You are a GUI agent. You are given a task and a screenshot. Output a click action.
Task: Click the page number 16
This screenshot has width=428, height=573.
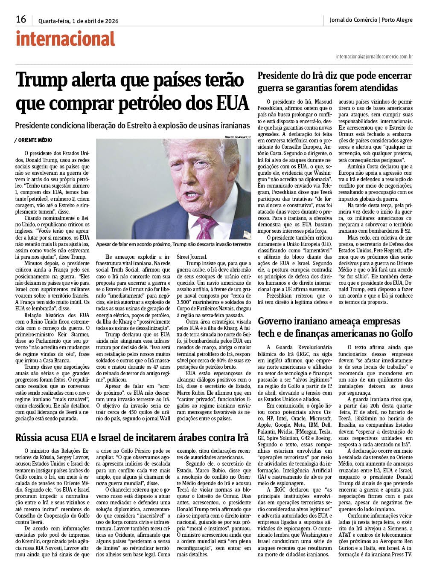pos(21,20)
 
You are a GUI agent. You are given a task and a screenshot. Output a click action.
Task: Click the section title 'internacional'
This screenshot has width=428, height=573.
pos(65,39)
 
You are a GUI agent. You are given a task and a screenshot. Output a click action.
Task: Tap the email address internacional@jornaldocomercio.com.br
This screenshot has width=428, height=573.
pos(374,56)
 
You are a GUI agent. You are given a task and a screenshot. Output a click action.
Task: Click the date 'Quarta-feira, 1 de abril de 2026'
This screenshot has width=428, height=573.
pos(78,21)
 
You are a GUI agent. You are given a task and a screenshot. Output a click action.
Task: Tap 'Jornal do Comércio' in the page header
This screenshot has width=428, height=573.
pos(353,20)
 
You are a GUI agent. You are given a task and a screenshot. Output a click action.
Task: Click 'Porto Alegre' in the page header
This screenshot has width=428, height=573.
pos(397,20)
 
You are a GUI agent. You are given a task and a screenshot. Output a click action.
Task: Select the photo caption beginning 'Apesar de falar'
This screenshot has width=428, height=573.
pos(173,244)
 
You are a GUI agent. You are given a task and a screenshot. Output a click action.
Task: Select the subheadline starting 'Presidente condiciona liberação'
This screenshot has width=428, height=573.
pos(132,126)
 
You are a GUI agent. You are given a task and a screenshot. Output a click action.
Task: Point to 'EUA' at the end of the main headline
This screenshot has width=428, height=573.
pos(232,102)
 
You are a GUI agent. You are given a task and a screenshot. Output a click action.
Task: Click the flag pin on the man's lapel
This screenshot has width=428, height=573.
pos(246,234)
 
